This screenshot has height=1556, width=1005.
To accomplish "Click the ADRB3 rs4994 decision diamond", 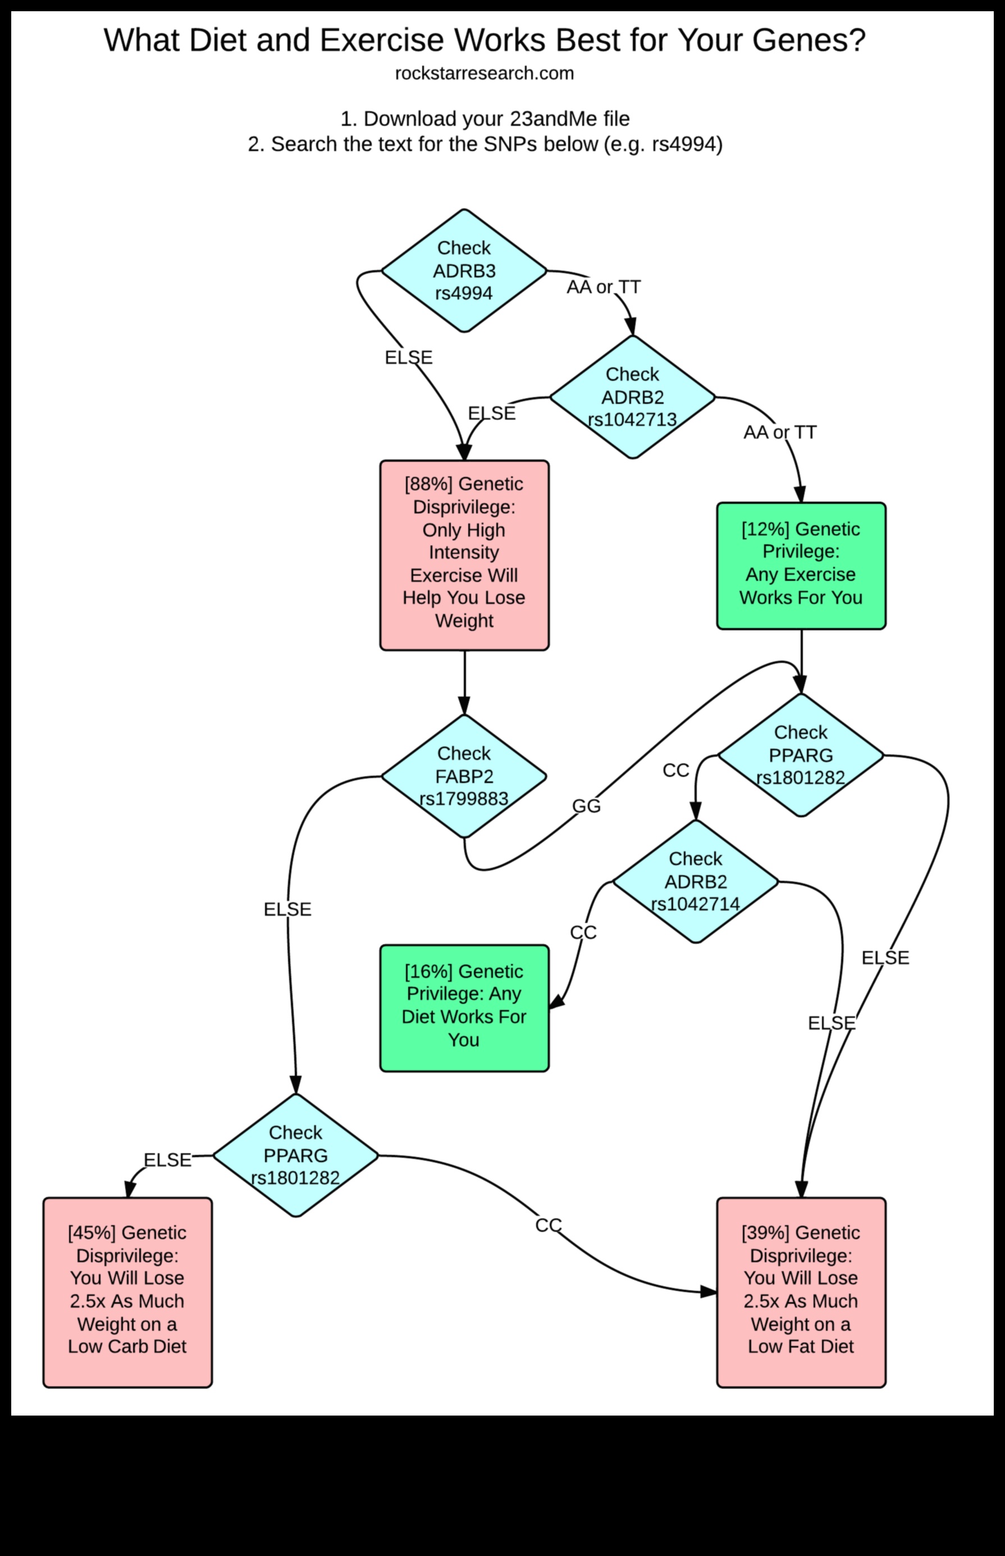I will [x=464, y=270].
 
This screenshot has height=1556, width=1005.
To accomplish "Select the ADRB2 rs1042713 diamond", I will [x=632, y=397].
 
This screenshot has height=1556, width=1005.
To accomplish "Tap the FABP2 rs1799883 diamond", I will [x=464, y=776].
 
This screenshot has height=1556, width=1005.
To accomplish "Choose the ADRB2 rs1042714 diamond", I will [x=696, y=881].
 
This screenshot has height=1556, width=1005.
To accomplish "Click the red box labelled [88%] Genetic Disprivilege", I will [x=464, y=555].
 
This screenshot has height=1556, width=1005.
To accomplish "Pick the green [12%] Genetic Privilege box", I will [x=801, y=566].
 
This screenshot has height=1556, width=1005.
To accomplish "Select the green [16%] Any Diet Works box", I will [x=464, y=1008].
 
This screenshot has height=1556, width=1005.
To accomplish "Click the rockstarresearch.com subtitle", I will [x=484, y=73].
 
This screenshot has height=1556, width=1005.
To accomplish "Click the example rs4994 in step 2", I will [x=683, y=144].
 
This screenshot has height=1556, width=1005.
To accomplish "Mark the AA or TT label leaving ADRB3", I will [x=603, y=286].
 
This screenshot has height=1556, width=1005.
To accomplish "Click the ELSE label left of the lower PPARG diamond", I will [x=167, y=1159].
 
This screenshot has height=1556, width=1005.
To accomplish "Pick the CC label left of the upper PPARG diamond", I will [x=675, y=771].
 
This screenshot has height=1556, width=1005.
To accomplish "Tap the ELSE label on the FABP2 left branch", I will [x=287, y=909].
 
